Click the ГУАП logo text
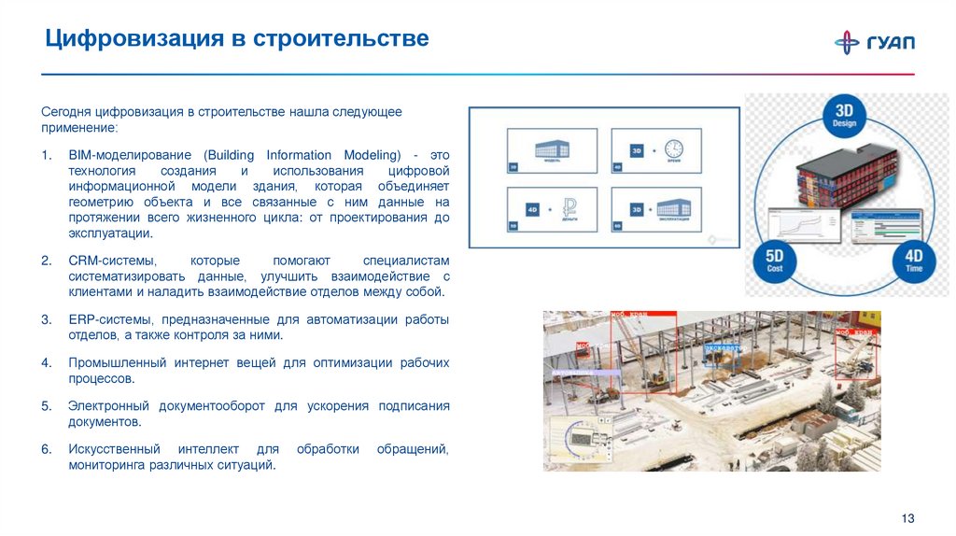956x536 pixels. click(893, 42)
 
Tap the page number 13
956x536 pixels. click(907, 518)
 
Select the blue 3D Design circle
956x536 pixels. click(844, 115)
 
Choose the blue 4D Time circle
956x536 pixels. click(913, 260)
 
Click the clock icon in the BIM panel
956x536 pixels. click(673, 149)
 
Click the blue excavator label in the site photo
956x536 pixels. click(723, 347)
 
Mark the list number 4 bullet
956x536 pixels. click(46, 362)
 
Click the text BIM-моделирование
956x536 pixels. click(127, 155)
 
